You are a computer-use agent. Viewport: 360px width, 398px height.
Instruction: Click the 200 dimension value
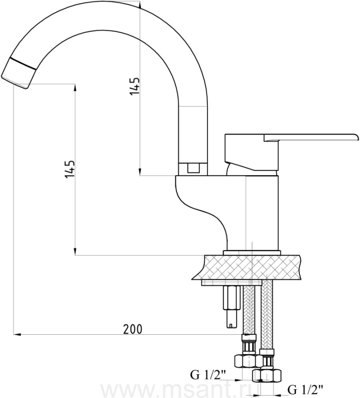[x=133, y=329]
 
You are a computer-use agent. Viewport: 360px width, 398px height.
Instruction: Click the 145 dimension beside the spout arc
[x=135, y=87]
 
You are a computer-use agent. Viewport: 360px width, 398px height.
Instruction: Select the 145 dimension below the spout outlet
[x=70, y=169]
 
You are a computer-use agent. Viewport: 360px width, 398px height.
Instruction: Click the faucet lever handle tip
[x=358, y=138]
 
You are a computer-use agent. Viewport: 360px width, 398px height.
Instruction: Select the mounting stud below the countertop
[x=231, y=307]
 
